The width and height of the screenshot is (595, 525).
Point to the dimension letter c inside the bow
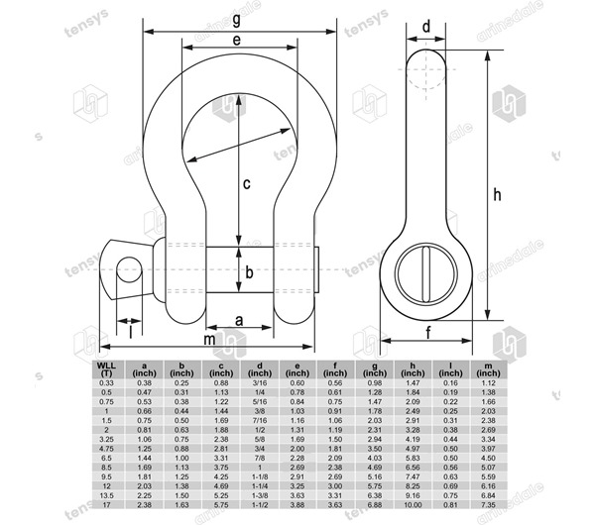246,182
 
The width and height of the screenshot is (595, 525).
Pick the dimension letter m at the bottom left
209,340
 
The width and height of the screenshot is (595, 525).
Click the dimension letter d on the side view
425,26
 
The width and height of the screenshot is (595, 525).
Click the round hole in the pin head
127,268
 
